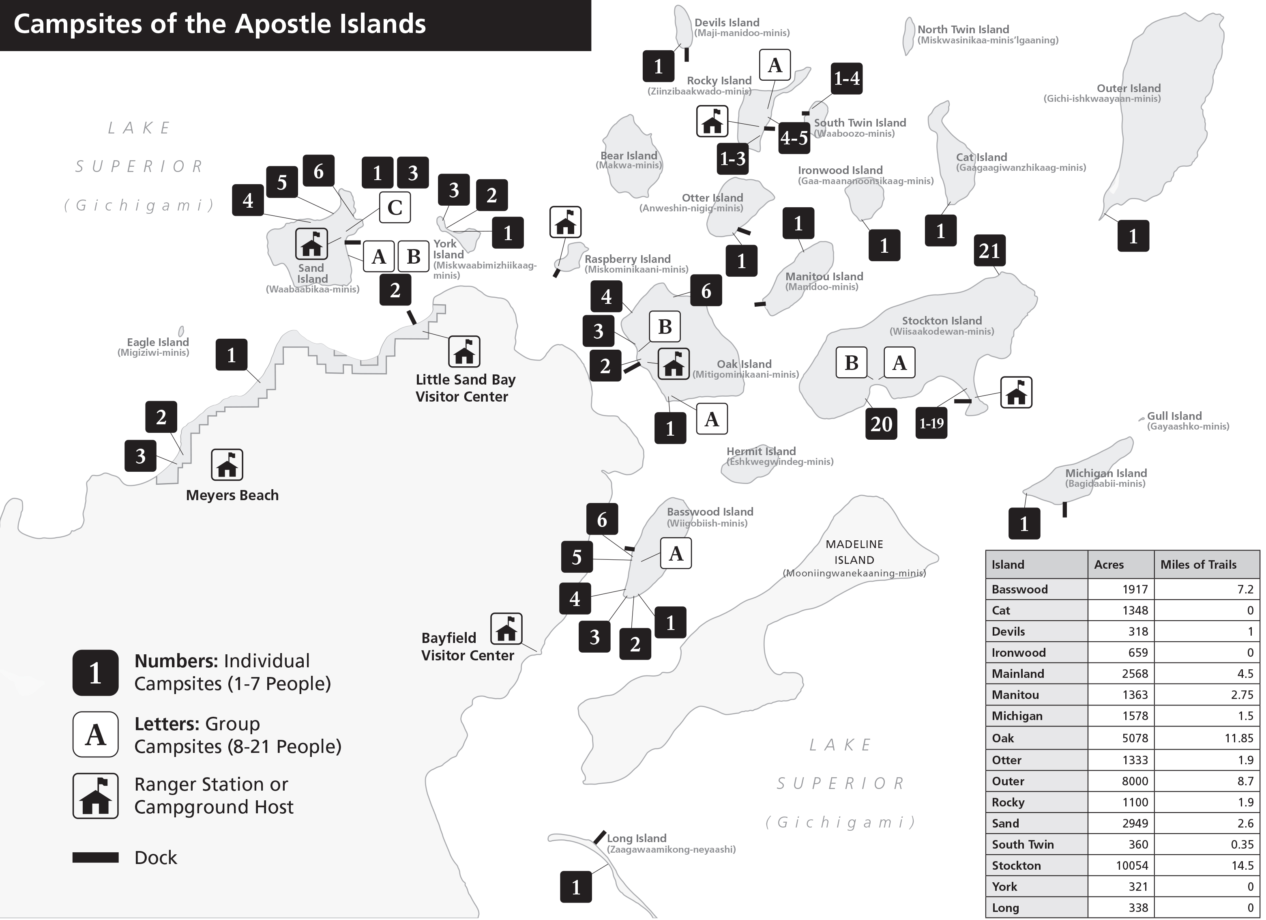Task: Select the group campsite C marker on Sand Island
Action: (395, 207)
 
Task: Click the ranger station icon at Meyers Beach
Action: (227, 464)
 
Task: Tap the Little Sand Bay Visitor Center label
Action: (465, 388)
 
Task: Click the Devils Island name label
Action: (726, 22)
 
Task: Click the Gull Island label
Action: (1174, 416)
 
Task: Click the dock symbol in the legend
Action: (95, 858)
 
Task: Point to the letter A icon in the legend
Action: (95, 734)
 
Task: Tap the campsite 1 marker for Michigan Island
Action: (1024, 524)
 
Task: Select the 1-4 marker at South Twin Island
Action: (846, 78)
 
